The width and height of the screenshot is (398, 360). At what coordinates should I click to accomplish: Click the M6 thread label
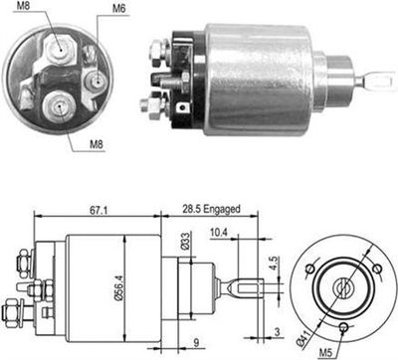(119, 9)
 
